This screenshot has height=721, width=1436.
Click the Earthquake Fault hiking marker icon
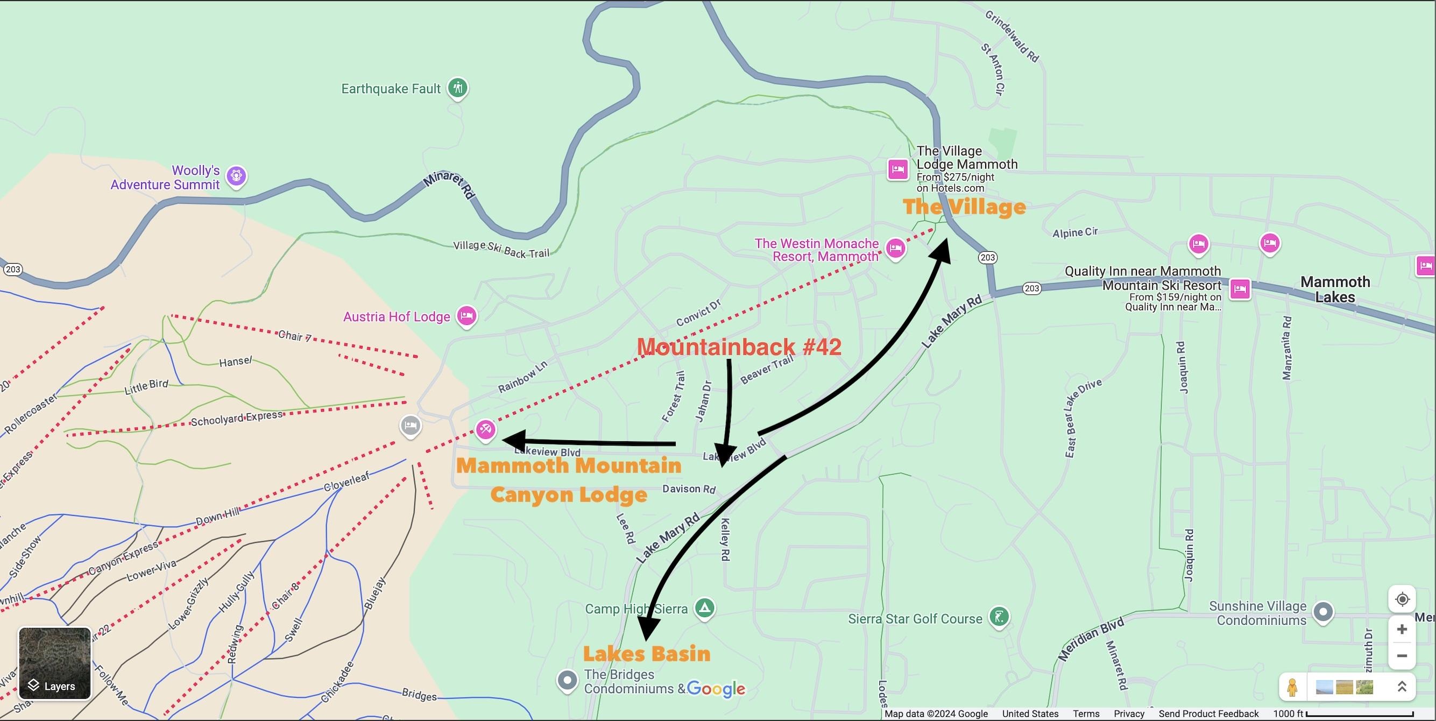click(458, 88)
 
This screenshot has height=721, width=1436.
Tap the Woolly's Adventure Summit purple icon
click(236, 175)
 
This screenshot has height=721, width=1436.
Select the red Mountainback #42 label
click(739, 347)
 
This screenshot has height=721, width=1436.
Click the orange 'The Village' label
click(964, 207)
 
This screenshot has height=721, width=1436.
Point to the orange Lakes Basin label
click(647, 654)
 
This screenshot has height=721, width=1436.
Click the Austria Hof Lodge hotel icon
click(466, 316)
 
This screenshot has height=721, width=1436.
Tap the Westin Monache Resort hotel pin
click(895, 248)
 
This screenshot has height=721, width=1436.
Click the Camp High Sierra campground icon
click(705, 607)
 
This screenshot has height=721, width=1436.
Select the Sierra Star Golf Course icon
click(999, 617)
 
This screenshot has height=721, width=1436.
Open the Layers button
click(55, 663)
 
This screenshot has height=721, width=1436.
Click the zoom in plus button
click(1402, 630)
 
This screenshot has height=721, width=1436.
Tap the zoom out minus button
click(1402, 656)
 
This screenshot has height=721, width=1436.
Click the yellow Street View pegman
click(1292, 687)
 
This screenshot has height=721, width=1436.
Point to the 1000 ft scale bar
click(1360, 714)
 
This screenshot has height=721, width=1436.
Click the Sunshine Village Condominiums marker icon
click(1324, 612)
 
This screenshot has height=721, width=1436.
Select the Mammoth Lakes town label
click(1335, 289)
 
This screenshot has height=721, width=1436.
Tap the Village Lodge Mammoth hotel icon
click(898, 169)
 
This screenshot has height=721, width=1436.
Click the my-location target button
click(1402, 599)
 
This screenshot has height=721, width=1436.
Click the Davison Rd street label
click(689, 489)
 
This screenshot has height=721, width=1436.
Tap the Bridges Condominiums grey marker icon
click(568, 680)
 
